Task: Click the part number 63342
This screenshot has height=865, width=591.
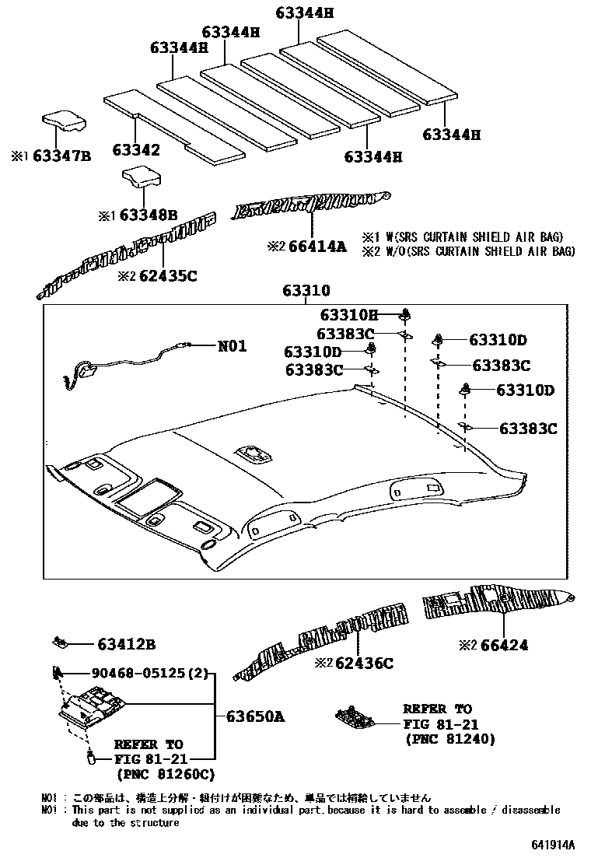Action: tap(136, 150)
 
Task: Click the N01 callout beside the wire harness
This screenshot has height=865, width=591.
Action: tap(232, 345)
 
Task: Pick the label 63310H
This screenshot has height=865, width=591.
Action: tap(348, 315)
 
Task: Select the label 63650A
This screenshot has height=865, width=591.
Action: tap(256, 716)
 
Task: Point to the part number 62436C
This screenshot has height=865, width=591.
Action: tap(365, 663)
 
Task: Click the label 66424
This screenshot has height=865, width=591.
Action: tap(503, 645)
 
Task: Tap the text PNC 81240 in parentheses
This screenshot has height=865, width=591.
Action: tap(450, 738)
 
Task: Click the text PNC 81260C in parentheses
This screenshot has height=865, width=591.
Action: tap(165, 774)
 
